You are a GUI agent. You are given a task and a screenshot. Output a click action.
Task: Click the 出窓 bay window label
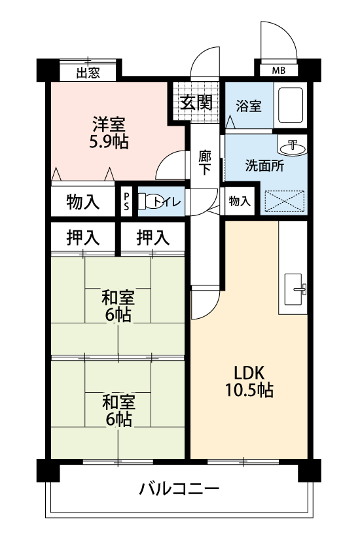click(x=88, y=73)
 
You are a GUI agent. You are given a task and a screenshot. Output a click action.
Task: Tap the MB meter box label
click(x=278, y=71)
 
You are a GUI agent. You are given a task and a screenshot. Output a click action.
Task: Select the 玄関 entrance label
click(x=196, y=102)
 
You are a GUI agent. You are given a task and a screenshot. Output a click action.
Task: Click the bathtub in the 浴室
click(x=291, y=105)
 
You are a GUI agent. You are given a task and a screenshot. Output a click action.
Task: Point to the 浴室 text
click(x=249, y=105)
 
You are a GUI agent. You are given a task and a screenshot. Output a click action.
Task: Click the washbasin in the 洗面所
click(x=293, y=147)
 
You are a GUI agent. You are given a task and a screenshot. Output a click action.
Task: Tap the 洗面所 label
click(x=264, y=166)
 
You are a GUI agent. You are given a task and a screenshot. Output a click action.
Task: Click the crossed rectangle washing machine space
click(x=284, y=201)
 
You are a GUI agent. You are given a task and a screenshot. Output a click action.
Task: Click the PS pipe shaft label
click(x=126, y=201)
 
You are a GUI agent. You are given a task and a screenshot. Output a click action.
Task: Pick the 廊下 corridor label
click(x=205, y=162)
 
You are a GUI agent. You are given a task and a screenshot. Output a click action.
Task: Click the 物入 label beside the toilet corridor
click(x=239, y=200)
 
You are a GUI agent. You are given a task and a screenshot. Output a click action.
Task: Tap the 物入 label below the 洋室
click(x=83, y=202)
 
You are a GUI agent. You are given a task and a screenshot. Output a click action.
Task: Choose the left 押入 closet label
click(x=83, y=238)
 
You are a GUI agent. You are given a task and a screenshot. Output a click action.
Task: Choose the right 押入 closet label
click(x=153, y=238)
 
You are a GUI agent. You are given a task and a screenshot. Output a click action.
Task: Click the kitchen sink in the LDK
click(x=293, y=289)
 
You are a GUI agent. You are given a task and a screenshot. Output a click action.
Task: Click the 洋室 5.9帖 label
click(x=109, y=133)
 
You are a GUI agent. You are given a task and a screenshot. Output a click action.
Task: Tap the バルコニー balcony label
click(x=179, y=489)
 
